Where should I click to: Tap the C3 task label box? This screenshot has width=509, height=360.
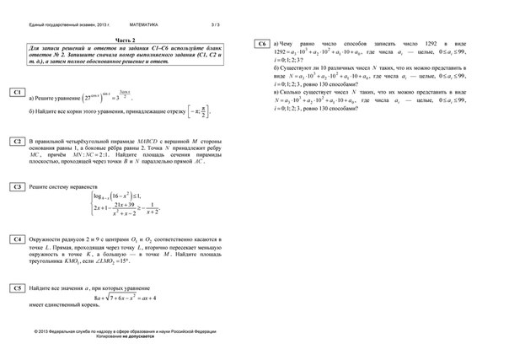[17, 185]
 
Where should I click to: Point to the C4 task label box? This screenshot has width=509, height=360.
[17, 239]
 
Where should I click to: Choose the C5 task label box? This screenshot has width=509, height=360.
[17, 288]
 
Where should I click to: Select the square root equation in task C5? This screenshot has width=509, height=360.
[126, 298]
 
